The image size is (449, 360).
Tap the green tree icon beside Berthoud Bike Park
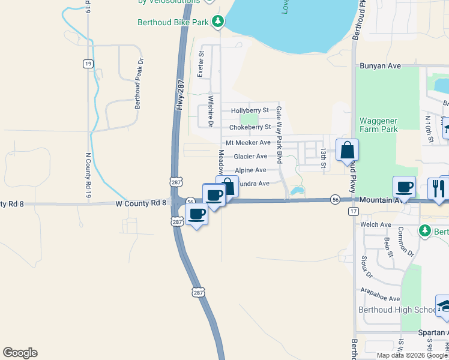pos(217,22)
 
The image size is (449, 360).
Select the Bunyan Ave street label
pos(380,65)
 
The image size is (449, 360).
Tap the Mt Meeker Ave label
pos(248,143)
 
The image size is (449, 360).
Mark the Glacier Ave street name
pos(250,156)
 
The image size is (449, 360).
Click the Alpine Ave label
pos(250,170)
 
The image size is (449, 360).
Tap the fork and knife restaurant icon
pos(438,187)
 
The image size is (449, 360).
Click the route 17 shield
pos(353,212)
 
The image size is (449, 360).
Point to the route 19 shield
pos(88,63)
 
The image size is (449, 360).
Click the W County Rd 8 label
pos(140,203)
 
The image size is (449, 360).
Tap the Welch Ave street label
pos(376,224)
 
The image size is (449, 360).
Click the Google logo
pos(20,353)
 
